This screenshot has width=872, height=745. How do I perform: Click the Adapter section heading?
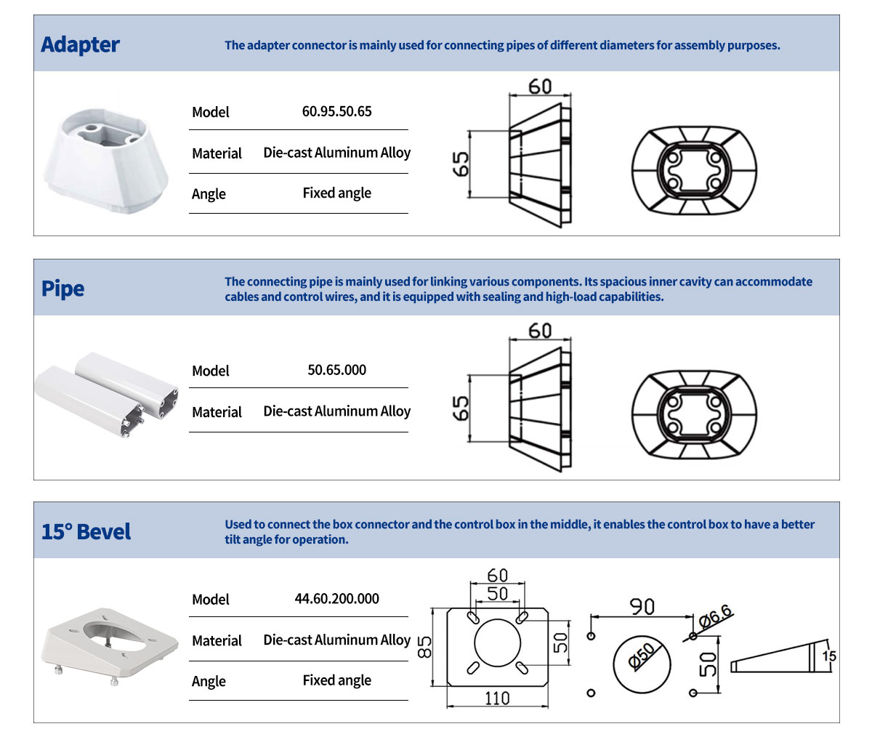80,45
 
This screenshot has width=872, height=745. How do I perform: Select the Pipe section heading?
62,289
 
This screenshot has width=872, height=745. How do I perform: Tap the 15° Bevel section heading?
86,532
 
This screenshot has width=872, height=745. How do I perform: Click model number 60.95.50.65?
336,112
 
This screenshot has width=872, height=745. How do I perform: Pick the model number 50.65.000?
336,370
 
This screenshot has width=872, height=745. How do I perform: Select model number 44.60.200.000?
336,599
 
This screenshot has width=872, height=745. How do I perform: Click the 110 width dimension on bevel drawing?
497,698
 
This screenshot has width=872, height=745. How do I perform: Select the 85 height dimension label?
425,645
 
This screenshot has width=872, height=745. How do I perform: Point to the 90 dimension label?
642,606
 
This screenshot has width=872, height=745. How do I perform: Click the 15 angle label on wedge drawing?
829,656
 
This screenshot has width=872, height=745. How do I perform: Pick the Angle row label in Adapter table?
209,194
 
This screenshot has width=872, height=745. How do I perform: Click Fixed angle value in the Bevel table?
336,681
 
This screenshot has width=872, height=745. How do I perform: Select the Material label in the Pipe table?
217,412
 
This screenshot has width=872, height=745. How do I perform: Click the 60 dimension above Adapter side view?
540,87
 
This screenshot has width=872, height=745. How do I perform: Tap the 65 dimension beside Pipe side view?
461,408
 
